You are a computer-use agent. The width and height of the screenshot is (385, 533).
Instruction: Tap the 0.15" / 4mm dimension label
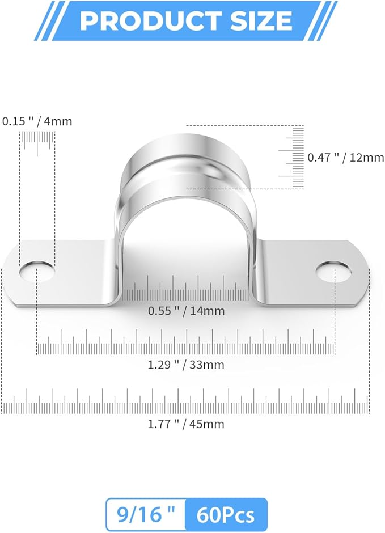(37, 121)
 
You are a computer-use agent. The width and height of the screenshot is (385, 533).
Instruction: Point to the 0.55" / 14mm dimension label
(186, 311)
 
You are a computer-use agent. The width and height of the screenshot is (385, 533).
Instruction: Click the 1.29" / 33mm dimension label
(186, 365)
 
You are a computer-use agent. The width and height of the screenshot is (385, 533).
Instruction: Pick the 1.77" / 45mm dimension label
(186, 424)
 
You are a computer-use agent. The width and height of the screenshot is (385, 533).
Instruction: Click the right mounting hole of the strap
(335, 271)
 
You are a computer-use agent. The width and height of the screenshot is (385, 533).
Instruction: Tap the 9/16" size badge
(145, 515)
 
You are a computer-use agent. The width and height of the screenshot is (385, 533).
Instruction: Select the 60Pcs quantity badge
(226, 515)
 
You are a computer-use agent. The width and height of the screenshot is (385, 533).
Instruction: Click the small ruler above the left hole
(37, 139)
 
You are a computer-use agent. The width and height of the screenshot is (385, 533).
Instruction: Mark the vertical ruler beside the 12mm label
(295, 157)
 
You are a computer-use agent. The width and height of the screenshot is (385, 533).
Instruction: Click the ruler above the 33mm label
(186, 342)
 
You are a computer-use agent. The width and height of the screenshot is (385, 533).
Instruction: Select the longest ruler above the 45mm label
(186, 402)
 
